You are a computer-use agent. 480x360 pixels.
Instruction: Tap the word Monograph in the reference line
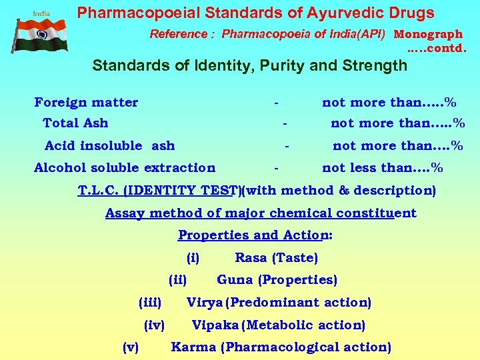pyautogui.click(x=428, y=34)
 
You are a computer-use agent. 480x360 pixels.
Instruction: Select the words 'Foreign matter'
pyautogui.click(x=86, y=102)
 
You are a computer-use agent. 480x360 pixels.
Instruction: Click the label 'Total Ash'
pyautogui.click(x=75, y=123)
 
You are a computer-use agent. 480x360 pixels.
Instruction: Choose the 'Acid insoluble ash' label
pyautogui.click(x=109, y=145)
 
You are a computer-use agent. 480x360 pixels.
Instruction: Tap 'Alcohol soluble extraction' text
pyautogui.click(x=125, y=167)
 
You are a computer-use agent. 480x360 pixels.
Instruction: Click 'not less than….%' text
pyautogui.click(x=382, y=167)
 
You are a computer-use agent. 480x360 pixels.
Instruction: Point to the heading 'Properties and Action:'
pyautogui.click(x=255, y=235)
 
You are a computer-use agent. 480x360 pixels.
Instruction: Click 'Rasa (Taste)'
pyautogui.click(x=276, y=257)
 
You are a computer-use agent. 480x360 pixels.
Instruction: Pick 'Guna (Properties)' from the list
pyautogui.click(x=277, y=280)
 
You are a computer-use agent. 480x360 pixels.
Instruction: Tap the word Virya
pyautogui.click(x=205, y=303)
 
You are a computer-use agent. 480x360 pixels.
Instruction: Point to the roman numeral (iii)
pyautogui.click(x=150, y=303)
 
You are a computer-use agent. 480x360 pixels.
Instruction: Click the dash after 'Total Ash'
pyautogui.click(x=285, y=123)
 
